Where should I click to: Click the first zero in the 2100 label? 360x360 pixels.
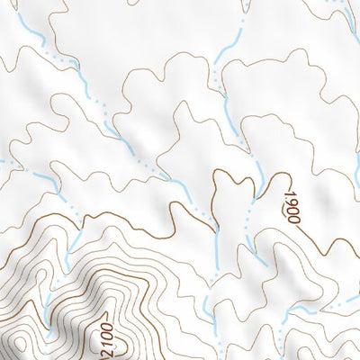[103, 334]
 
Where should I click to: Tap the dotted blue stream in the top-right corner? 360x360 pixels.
[340, 9]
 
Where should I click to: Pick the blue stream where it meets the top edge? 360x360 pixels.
[246, 4]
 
